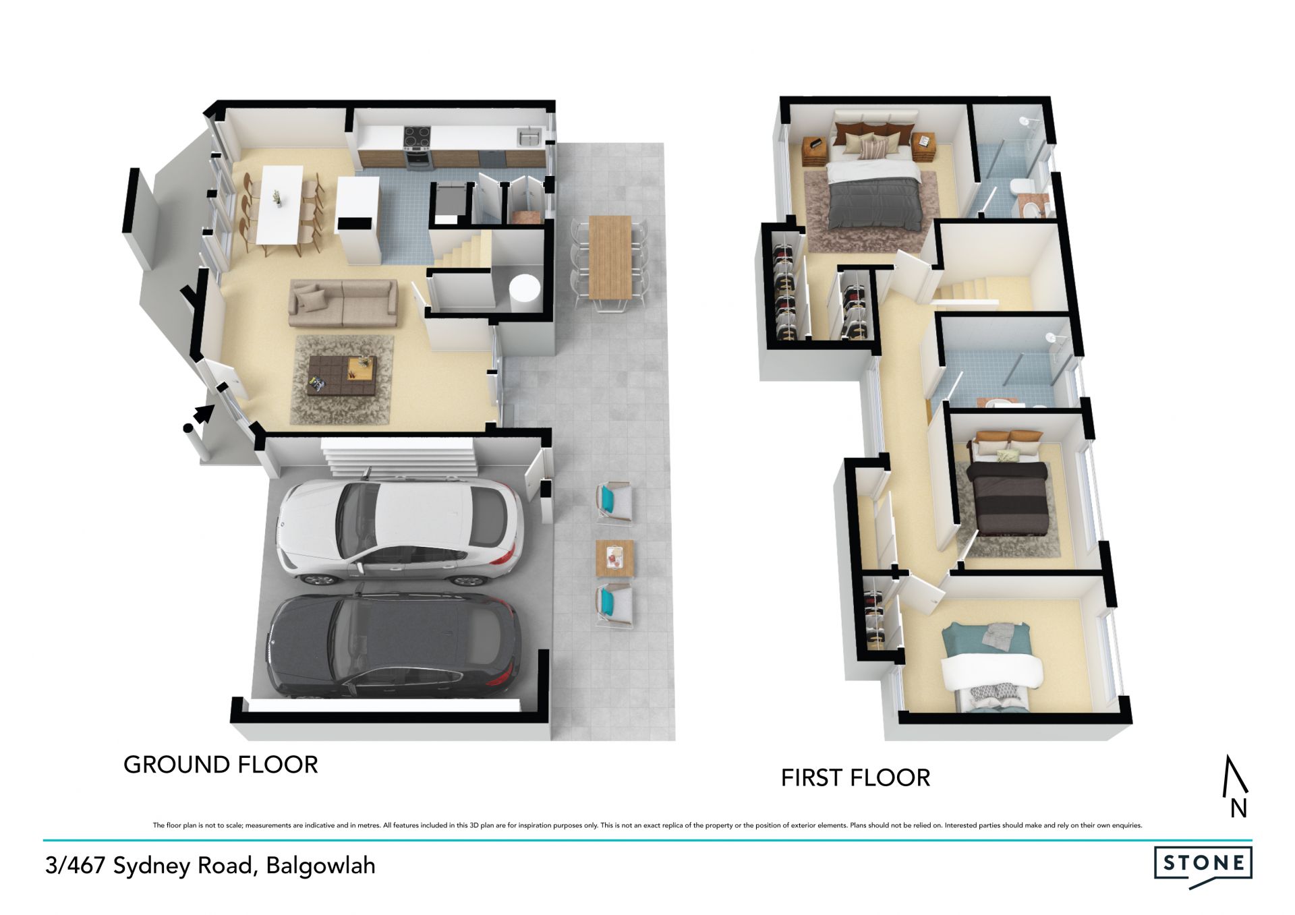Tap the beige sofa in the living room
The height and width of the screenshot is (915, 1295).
click(x=343, y=303)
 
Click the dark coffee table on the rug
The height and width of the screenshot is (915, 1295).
click(x=341, y=376)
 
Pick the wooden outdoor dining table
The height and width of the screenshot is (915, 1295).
click(x=610, y=257)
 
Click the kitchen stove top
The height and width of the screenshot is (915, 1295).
click(x=418, y=137)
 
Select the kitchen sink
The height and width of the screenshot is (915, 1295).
click(x=529, y=137)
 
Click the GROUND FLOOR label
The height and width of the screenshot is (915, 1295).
click(x=221, y=765)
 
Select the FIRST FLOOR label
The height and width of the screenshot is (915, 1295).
click(x=855, y=778)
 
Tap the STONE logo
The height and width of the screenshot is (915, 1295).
click(x=1203, y=864)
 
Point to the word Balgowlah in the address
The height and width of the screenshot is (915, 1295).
click(x=321, y=866)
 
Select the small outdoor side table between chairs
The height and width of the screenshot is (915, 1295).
click(x=615, y=558)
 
